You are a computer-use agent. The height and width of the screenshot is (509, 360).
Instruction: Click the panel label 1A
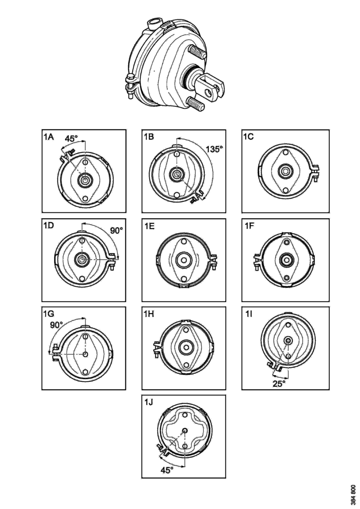[x=49, y=137]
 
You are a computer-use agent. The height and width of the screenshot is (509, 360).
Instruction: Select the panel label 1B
[x=149, y=137]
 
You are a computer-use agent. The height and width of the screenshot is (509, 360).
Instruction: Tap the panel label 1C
[x=249, y=137]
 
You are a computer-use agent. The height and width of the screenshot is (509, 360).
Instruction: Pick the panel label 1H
[x=149, y=314]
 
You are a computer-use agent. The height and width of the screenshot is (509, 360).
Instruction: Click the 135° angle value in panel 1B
[x=215, y=148]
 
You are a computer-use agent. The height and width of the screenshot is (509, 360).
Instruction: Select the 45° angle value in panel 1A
[x=74, y=139]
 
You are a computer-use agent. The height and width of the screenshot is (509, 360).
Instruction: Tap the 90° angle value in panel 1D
[x=116, y=231]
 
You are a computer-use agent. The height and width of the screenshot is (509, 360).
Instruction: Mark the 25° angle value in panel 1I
[x=279, y=383]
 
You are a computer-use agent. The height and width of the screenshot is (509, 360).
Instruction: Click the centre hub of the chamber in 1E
[x=184, y=259]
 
